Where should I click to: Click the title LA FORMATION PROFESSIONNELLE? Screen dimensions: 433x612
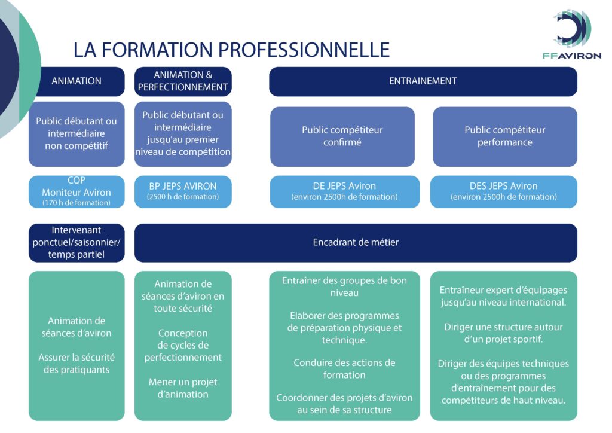pyautogui.click(x=231, y=50)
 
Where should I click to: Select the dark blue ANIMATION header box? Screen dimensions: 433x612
pyautogui.click(x=76, y=81)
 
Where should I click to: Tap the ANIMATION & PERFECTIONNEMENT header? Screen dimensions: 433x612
pyautogui.click(x=183, y=81)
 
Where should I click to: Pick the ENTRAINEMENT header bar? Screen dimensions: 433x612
pyautogui.click(x=423, y=81)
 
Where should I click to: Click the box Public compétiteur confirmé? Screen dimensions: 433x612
pyautogui.click(x=342, y=136)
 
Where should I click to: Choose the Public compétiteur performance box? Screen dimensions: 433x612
pyautogui.click(x=504, y=136)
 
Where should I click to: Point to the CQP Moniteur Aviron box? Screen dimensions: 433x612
pyautogui.click(x=76, y=192)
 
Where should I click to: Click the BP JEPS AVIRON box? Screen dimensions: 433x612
pyautogui.click(x=183, y=191)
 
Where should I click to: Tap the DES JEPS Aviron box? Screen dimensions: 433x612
pyautogui.click(x=503, y=191)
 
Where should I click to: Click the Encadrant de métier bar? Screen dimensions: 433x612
pyautogui.click(x=356, y=242)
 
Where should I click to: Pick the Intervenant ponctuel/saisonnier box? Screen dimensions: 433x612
pyautogui.click(x=76, y=242)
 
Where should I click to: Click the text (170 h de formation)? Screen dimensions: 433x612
pyautogui.click(x=76, y=203)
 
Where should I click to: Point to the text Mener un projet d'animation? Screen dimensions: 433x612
pyautogui.click(x=183, y=388)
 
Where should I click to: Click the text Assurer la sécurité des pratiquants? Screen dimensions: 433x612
pyautogui.click(x=76, y=364)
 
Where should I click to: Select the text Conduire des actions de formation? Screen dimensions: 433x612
pyautogui.click(x=344, y=369)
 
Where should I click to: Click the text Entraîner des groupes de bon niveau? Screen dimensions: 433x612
pyautogui.click(x=344, y=286)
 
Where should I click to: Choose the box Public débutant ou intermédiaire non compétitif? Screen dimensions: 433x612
pyautogui.click(x=76, y=133)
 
